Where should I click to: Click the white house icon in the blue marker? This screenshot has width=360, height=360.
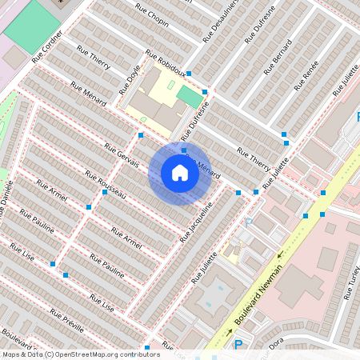click(x=180, y=173)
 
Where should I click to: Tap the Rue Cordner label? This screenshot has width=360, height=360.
click(x=47, y=50)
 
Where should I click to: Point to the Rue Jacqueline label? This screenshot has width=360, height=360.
click(x=197, y=222)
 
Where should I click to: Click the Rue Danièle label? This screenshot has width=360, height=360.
click(x=6, y=200)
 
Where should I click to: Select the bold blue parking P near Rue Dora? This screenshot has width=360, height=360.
click(x=238, y=345)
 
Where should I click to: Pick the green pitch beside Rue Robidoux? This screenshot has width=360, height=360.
click(x=190, y=96)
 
